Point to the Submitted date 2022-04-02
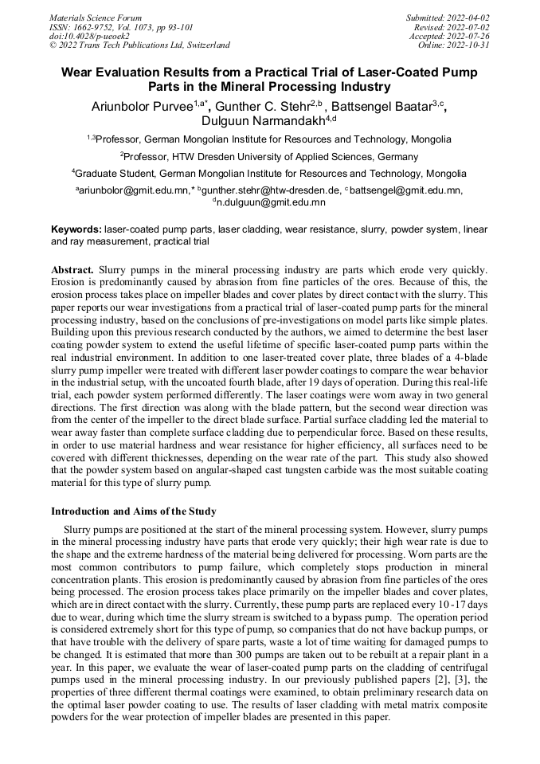pos(469,18)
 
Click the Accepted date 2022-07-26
pos(471,36)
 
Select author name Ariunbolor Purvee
pos(142,108)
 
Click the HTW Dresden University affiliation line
pos(269,156)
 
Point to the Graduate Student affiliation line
pos(269,173)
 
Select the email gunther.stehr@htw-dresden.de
pos(272,190)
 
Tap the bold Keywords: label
pos(76,229)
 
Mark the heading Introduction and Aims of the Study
pos(133,511)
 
